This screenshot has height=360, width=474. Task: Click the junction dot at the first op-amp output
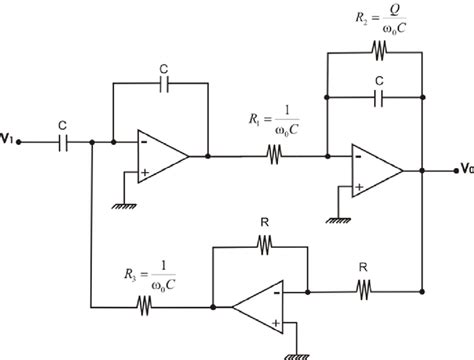pos(207,156)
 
